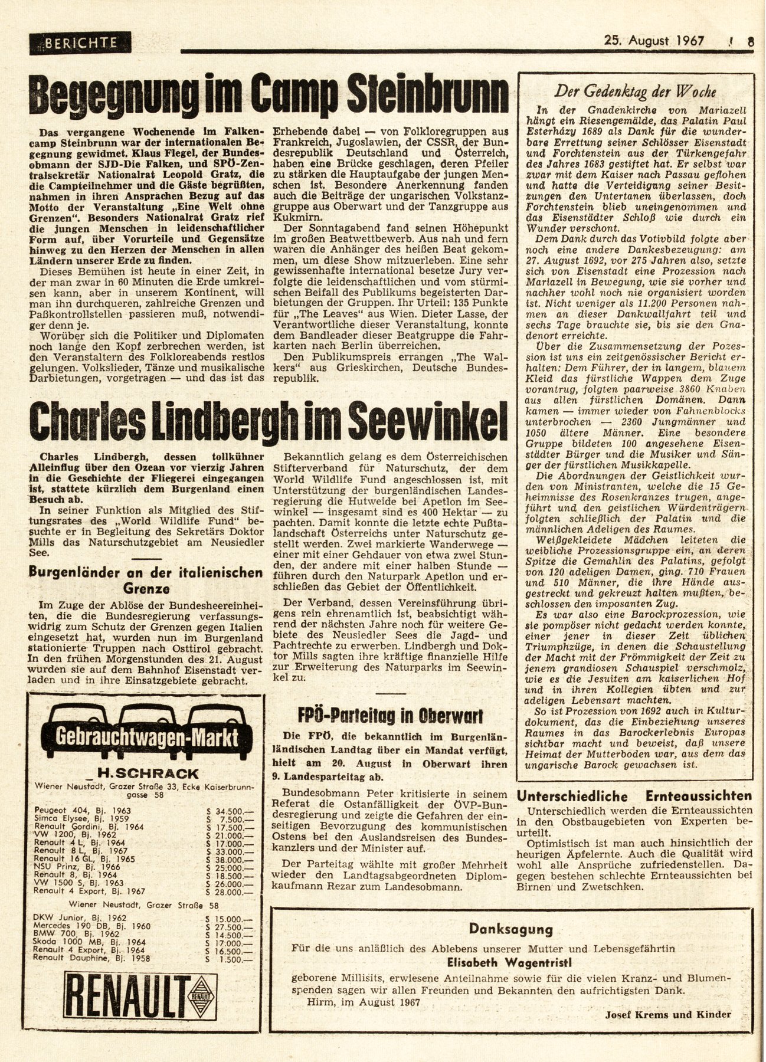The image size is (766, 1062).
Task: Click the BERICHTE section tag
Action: pyautogui.click(x=80, y=42)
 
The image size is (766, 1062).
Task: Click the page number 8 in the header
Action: pyautogui.click(x=749, y=42)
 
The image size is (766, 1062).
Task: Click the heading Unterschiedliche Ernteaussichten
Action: pyautogui.click(x=634, y=795)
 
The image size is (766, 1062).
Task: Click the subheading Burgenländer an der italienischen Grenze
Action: pyautogui.click(x=150, y=580)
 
